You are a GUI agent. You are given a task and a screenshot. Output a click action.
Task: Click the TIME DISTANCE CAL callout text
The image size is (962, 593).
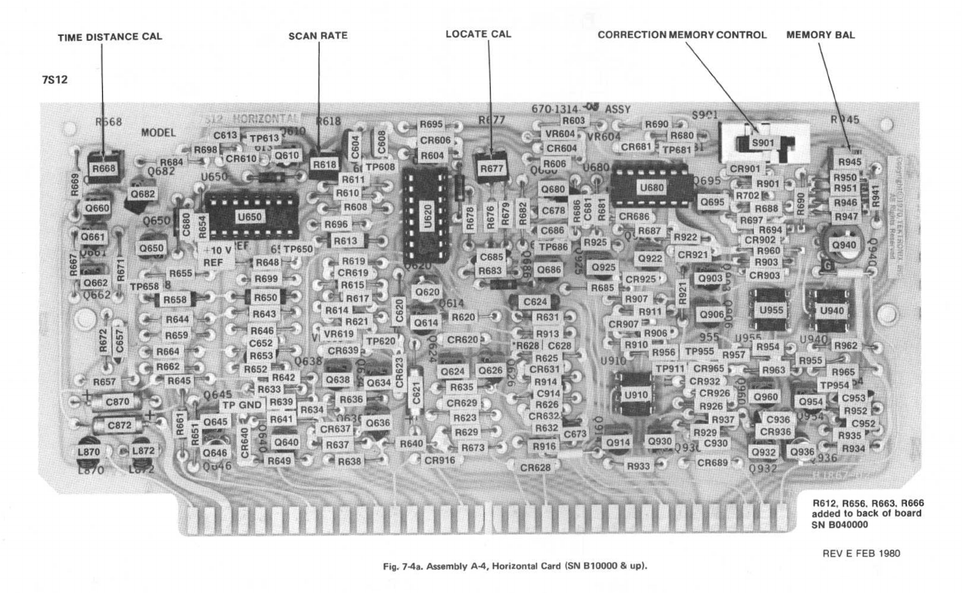pyautogui.click(x=110, y=36)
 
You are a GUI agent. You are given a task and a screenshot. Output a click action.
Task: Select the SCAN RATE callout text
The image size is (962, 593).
pyautogui.click(x=318, y=36)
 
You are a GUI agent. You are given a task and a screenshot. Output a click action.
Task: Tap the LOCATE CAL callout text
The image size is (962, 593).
pyautogui.click(x=479, y=34)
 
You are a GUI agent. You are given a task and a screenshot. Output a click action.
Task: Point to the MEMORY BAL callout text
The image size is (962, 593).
pyautogui.click(x=821, y=35)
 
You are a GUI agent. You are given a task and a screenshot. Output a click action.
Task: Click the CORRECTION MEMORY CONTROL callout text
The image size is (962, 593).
pyautogui.click(x=682, y=35)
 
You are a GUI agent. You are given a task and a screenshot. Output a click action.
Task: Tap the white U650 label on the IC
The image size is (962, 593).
pyautogui.click(x=249, y=217)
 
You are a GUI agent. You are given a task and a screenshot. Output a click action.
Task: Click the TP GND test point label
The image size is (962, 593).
pyautogui.click(x=241, y=405)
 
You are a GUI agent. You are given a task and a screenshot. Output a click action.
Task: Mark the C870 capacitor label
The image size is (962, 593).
pyautogui.click(x=118, y=402)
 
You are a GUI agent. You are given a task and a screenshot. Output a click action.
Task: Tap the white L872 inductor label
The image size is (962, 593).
pyautogui.click(x=143, y=452)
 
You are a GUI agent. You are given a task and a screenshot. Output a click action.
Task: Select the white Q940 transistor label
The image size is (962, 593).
pyautogui.click(x=843, y=245)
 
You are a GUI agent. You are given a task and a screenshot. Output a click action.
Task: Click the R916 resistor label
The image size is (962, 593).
pyautogui.click(x=545, y=447)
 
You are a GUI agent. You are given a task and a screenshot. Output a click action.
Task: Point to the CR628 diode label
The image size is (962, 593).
pyautogui.click(x=535, y=468)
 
